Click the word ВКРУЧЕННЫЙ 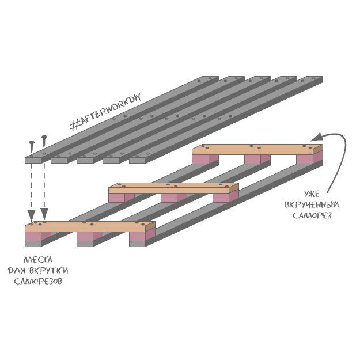tap(312, 204)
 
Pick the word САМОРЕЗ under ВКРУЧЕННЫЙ tap(312, 215)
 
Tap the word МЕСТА tap(35, 259)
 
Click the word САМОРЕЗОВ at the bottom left tap(35, 282)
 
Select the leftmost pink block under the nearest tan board tap(33, 236)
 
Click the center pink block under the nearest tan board tap(85, 236)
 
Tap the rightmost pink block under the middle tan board tap(221, 198)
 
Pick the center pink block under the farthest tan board tap(252, 159)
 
